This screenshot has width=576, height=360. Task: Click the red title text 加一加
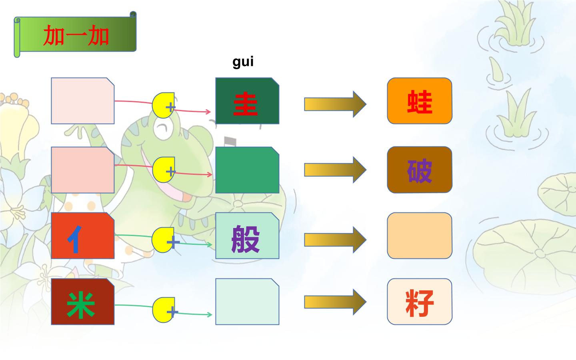76,35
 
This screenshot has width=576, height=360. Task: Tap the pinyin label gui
243,62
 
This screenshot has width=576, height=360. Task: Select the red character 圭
245,104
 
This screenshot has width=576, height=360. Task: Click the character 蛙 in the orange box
420,102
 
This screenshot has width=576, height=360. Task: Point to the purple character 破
420,171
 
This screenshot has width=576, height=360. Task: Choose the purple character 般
246,239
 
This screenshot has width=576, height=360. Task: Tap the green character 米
81,305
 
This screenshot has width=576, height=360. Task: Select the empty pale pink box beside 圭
83,101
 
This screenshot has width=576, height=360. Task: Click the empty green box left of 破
247,170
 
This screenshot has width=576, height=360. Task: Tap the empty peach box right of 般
420,236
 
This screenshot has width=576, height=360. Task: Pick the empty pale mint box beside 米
247,302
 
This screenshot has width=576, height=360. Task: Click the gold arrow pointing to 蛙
335,104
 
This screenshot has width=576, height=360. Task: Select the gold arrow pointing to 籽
335,302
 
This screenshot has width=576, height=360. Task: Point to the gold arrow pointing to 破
335,170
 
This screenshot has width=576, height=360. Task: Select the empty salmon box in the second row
83,170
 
